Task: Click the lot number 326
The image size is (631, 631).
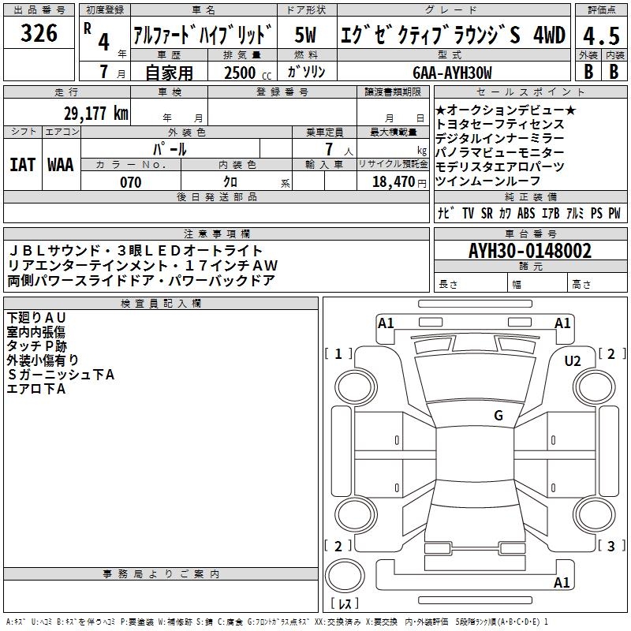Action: tap(39, 33)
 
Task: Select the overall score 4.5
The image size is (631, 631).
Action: tap(601, 36)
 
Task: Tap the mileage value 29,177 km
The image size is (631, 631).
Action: tap(96, 114)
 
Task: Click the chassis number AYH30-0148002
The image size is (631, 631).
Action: tap(530, 251)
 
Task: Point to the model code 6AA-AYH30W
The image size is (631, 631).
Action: tap(452, 73)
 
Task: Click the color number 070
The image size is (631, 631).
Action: tap(131, 182)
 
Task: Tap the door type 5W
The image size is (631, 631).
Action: tap(305, 35)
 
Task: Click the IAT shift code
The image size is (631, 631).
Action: tap(23, 165)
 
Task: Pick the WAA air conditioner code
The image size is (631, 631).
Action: tap(61, 165)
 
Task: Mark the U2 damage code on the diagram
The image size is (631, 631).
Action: tap(573, 361)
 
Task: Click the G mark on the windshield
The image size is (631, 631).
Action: tap(498, 415)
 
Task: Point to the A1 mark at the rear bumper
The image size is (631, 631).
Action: tap(562, 582)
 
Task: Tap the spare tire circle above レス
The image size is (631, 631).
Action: tap(345, 576)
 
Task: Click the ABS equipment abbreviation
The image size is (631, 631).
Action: tap(526, 213)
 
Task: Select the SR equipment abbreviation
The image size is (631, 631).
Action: tap(487, 213)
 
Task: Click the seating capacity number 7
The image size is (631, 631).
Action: tap(329, 149)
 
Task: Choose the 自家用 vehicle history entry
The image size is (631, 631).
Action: tap(169, 73)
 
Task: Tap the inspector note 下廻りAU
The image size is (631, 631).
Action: tap(36, 318)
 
